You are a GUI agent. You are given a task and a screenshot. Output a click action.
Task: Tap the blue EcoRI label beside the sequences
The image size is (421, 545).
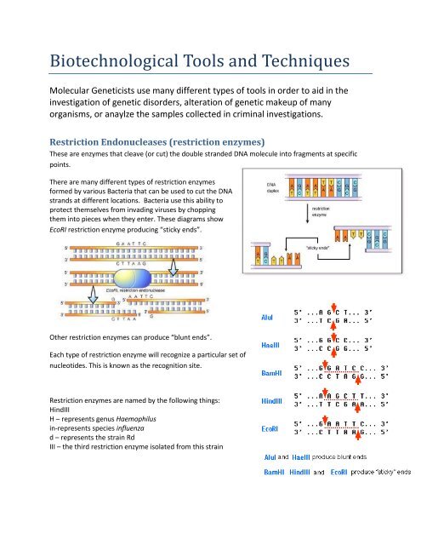(267, 430)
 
